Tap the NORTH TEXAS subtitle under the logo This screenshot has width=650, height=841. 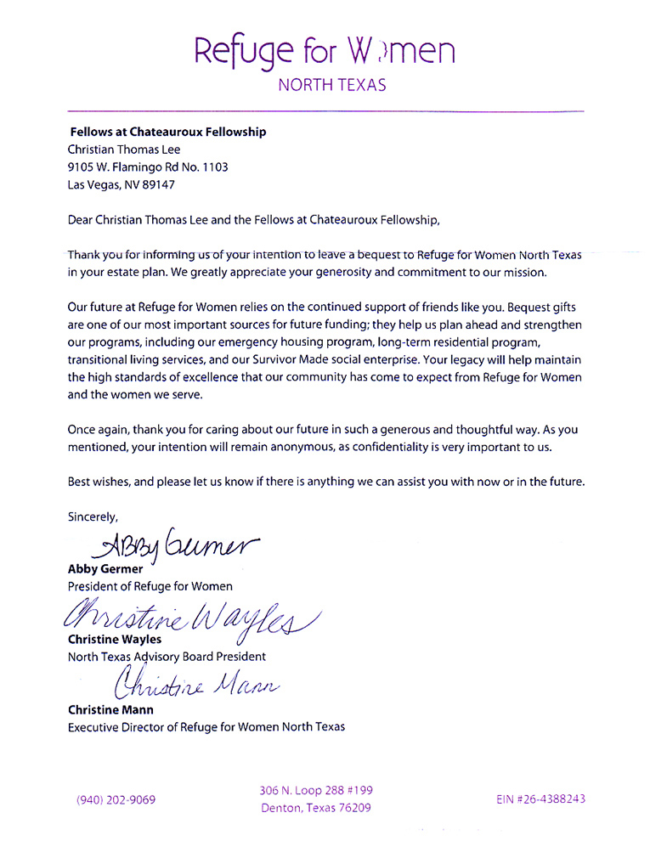point(332,85)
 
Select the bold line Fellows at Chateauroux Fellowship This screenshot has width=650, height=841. point(167,132)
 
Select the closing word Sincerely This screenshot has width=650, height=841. point(93,516)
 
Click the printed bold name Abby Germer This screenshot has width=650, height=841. point(105,569)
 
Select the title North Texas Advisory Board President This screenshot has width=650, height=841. point(167,656)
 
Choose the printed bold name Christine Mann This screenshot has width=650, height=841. point(111,709)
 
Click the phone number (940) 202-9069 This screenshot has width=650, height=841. point(116,799)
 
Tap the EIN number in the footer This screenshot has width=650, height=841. point(540,799)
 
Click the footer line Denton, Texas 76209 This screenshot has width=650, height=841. point(315,808)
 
